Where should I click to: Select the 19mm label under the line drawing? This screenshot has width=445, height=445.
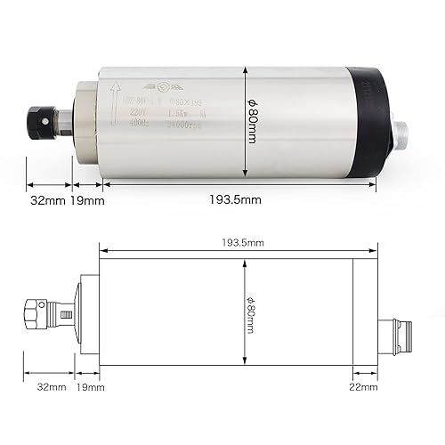tap(91, 388)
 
